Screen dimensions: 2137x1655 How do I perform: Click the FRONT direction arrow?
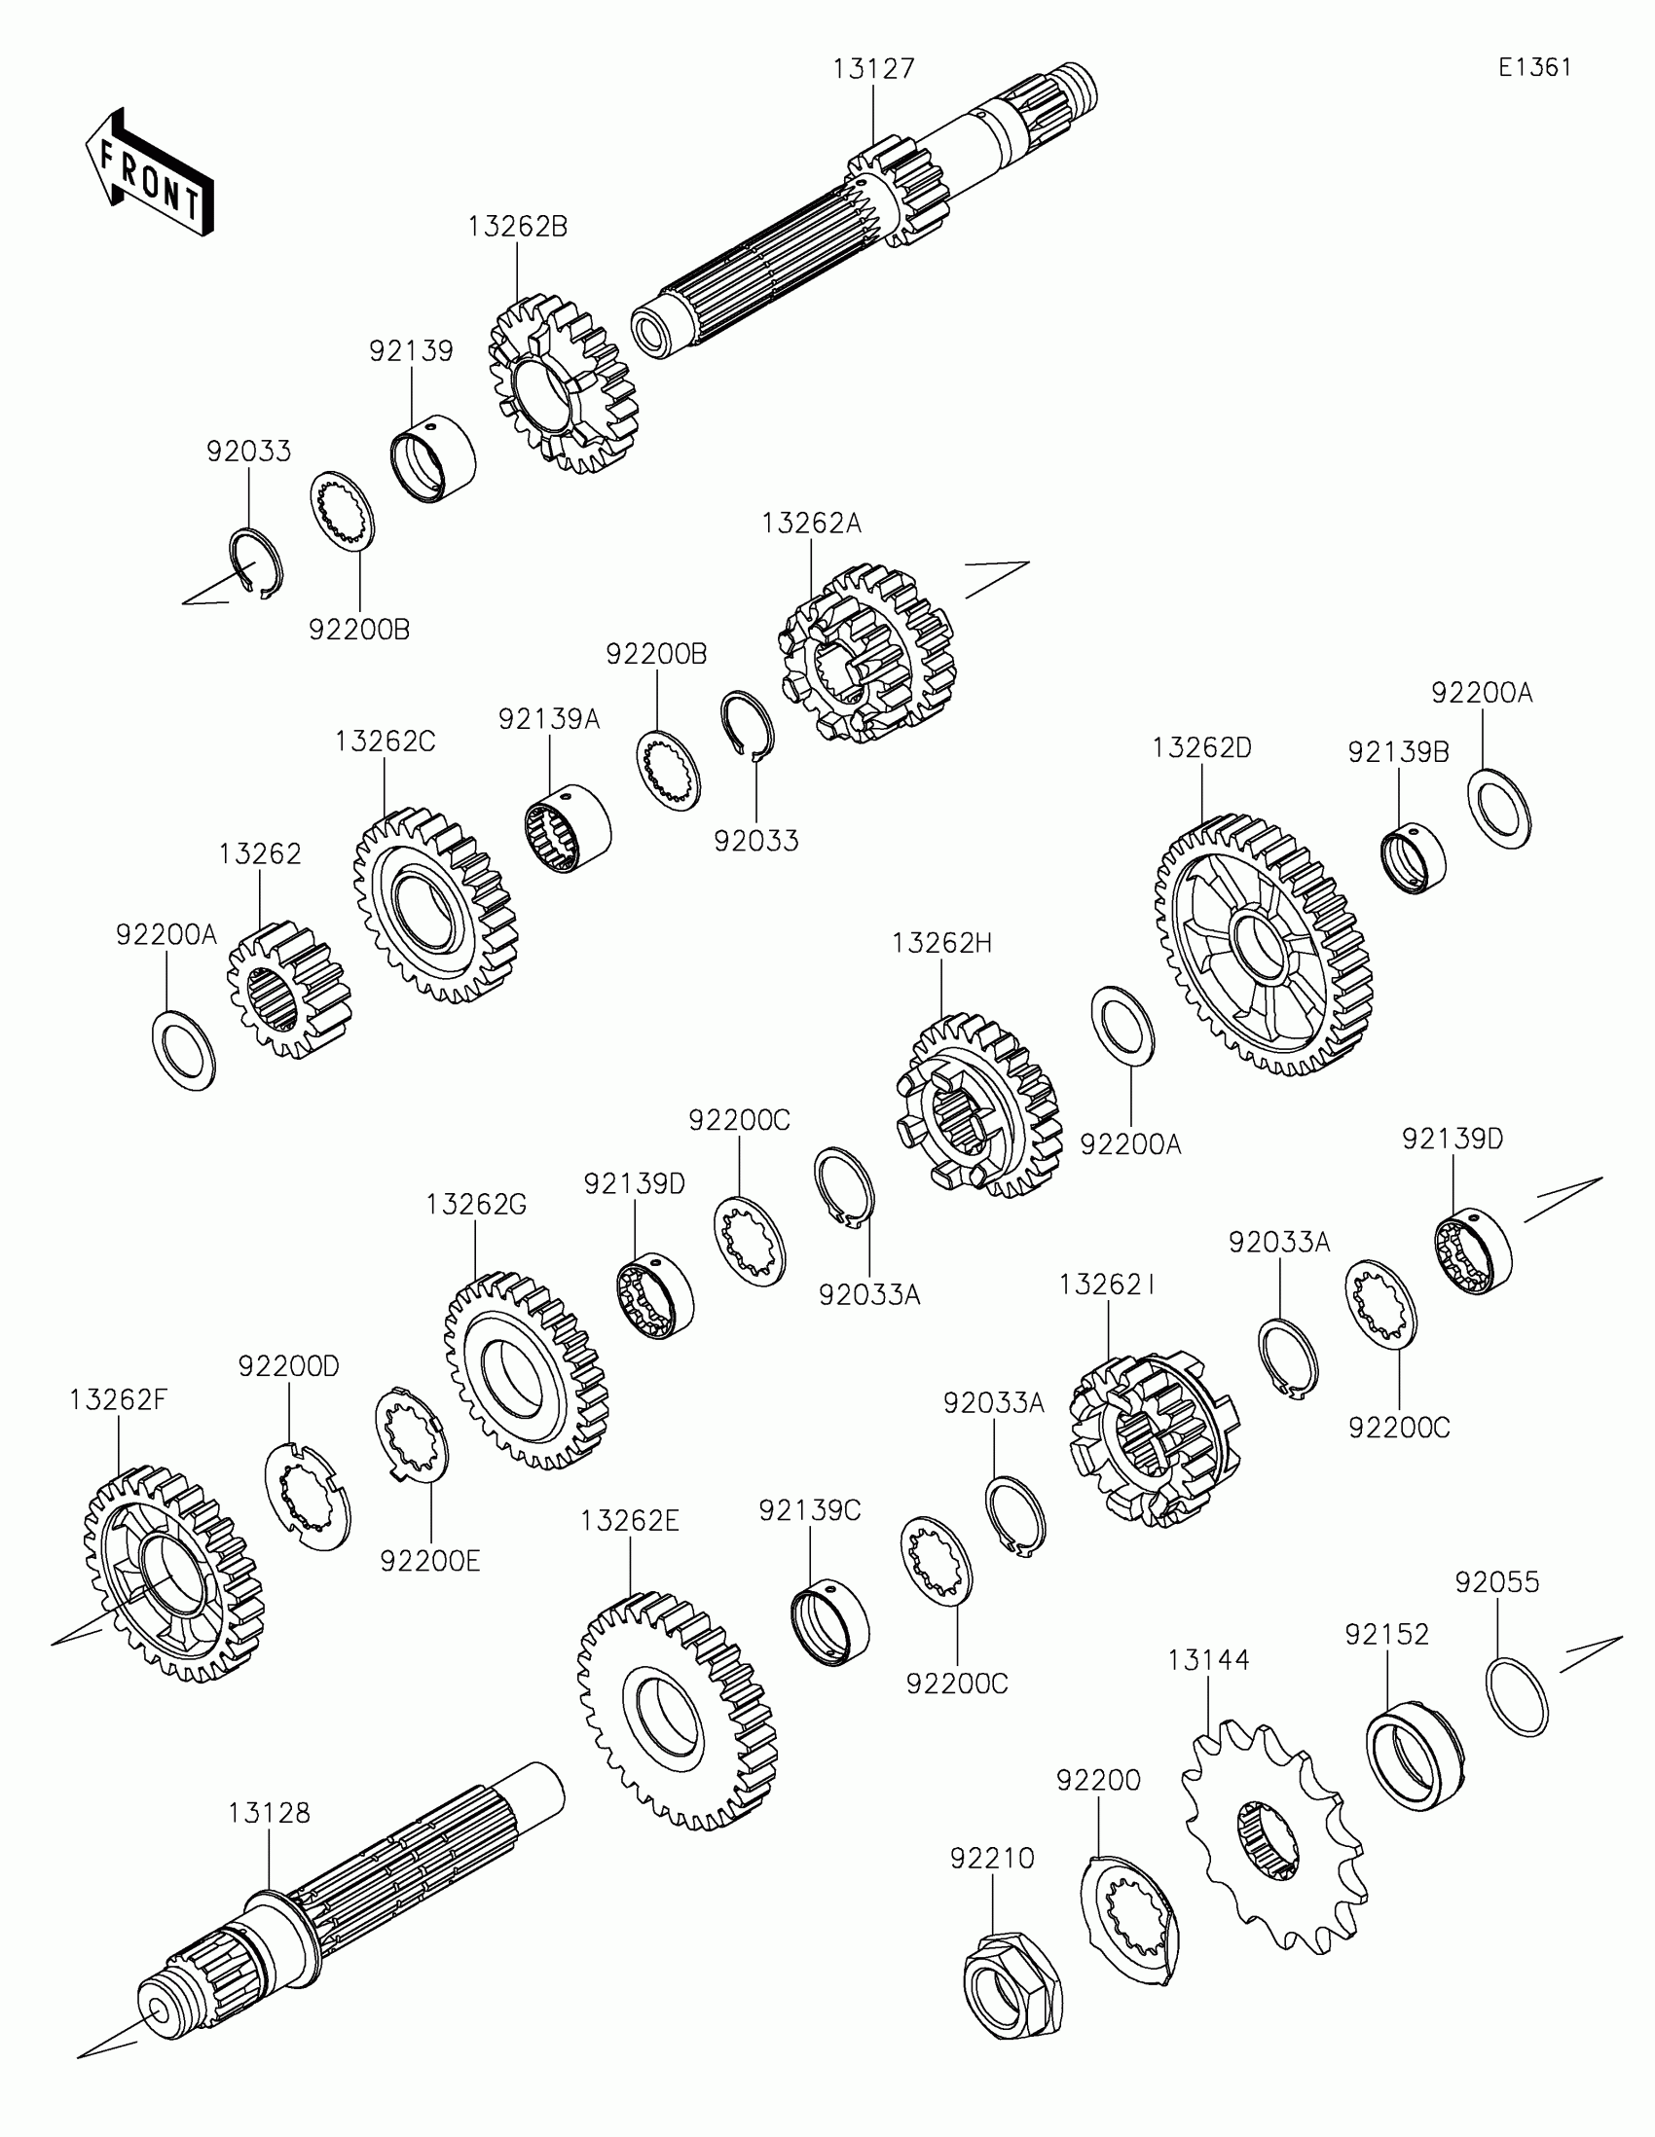coord(149,172)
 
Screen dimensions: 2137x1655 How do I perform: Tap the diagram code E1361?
coord(1534,66)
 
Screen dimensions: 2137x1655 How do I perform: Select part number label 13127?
coord(873,69)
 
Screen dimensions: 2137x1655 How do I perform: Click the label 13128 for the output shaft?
coord(269,1812)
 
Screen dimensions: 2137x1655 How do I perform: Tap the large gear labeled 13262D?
coord(1263,944)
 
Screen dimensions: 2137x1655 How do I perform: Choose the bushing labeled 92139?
coord(433,458)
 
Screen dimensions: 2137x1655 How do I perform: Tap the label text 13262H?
coord(941,943)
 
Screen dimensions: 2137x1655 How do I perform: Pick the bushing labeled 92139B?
coord(1414,858)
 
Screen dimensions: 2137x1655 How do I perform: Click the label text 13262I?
coord(1107,1285)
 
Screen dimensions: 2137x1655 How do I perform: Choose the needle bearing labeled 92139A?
coord(568,830)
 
